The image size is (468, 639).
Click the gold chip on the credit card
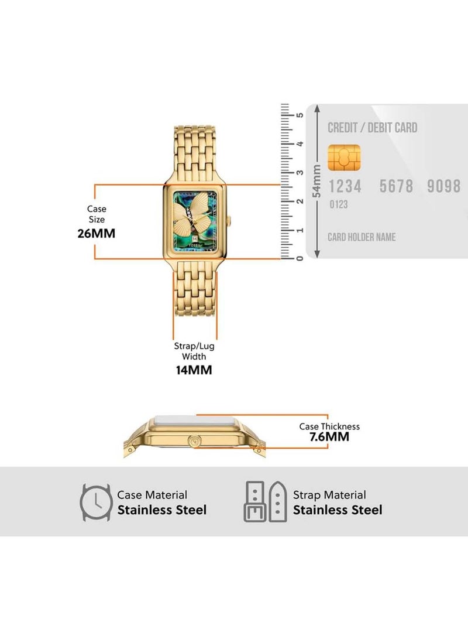(344, 158)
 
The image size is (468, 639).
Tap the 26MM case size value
(97, 234)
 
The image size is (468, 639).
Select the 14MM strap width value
(194, 370)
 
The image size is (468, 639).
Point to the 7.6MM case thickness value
(329, 437)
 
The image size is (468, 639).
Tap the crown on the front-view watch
(229, 220)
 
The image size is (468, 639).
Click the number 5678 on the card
(396, 186)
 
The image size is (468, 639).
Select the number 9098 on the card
(443, 186)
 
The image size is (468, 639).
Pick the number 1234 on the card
(345, 187)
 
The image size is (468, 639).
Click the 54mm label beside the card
(316, 181)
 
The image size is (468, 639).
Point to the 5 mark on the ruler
(300, 115)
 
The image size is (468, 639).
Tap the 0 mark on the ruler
(300, 258)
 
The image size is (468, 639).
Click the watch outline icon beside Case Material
(96, 503)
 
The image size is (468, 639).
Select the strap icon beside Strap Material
(266, 502)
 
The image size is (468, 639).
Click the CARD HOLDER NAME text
(362, 237)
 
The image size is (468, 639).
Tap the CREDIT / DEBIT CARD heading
(373, 128)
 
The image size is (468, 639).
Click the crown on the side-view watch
(194, 442)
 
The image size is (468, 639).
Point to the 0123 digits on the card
(339, 204)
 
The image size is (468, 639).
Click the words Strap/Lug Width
(194, 351)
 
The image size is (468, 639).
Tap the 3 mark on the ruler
(300, 172)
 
